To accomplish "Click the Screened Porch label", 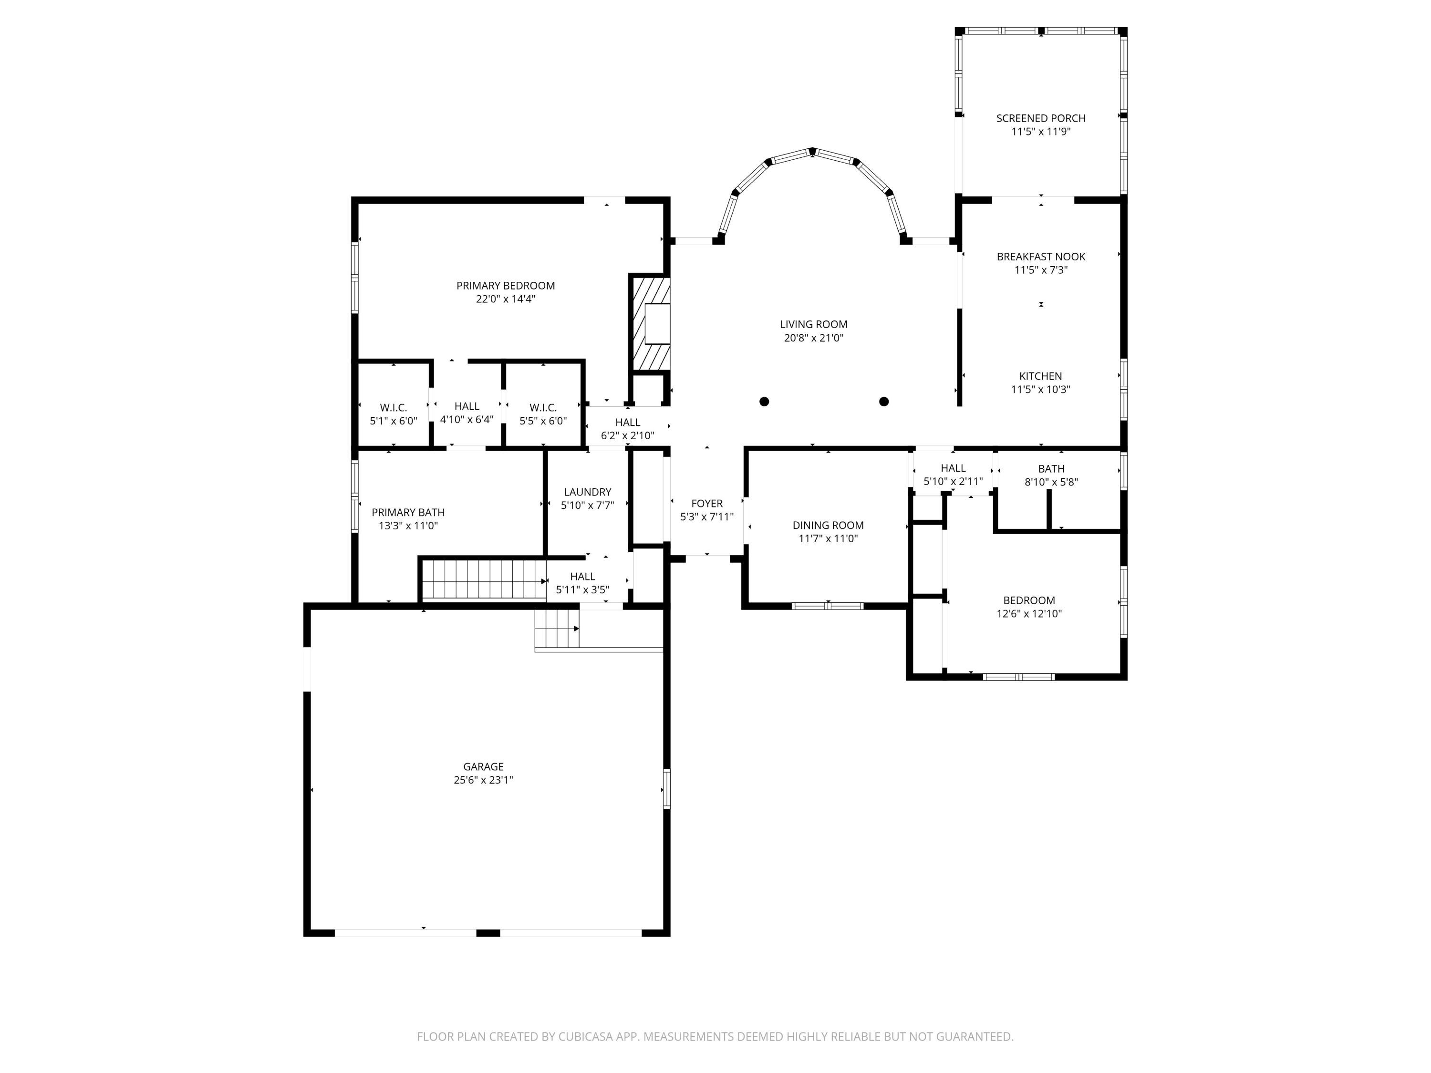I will coord(1040,118).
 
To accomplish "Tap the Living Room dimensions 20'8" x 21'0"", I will coord(813,338).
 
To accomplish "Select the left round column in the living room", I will coord(764,402).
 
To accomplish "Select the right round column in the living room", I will coord(884,402).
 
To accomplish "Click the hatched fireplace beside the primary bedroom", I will coord(651,323).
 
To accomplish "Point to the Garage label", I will coord(483,766).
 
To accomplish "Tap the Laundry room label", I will coord(587,492).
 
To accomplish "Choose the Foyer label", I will coord(706,503).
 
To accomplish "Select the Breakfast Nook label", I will coord(1040,257).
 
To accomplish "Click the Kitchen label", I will coord(1040,376).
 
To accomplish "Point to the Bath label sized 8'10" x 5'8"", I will coord(1051,469).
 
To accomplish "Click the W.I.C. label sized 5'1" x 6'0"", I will coord(394,407).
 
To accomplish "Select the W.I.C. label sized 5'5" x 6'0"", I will coord(543,407).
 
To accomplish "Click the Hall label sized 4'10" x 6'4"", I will coord(467,406).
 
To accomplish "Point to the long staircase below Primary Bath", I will coord(484,579).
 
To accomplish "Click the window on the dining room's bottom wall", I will coord(828,606).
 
